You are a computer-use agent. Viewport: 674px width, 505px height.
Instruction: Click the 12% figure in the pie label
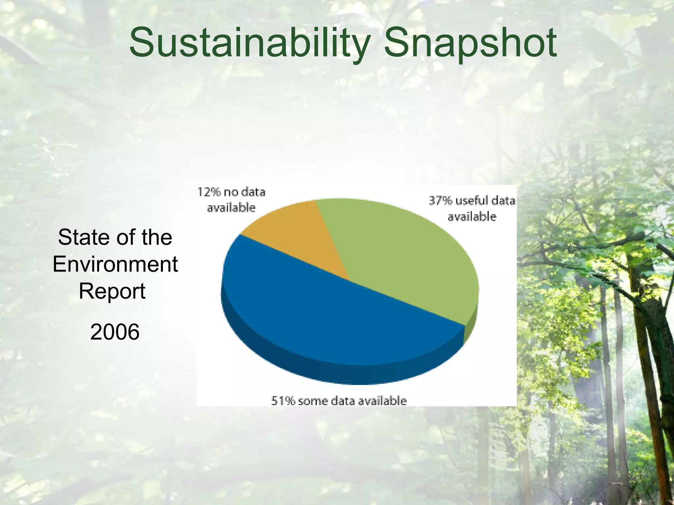209,192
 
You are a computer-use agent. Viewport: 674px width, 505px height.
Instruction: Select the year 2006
115,332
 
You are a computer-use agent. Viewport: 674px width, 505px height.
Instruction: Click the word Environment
115,264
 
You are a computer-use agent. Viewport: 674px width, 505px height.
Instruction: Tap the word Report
112,291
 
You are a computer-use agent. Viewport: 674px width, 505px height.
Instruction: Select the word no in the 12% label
229,192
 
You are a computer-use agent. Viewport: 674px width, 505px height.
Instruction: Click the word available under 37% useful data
472,217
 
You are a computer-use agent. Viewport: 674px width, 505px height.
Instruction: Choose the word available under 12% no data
231,208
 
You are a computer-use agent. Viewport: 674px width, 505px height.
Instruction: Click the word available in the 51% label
382,401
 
